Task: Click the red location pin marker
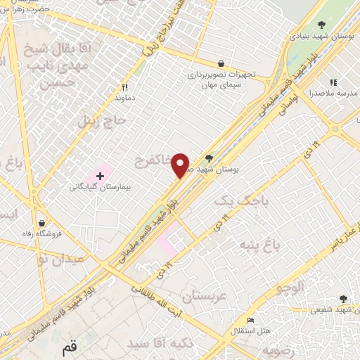[x=181, y=165]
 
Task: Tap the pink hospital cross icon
[x=100, y=174]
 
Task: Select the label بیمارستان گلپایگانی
[x=98, y=188]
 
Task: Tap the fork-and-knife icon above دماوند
[x=125, y=88]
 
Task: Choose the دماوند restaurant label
[x=126, y=99]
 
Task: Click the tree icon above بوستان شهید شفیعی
[x=342, y=299]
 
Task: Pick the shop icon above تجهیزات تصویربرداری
[x=221, y=63]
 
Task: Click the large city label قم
[x=69, y=347]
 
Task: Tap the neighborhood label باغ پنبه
[x=260, y=246]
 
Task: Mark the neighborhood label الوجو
[x=290, y=287]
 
